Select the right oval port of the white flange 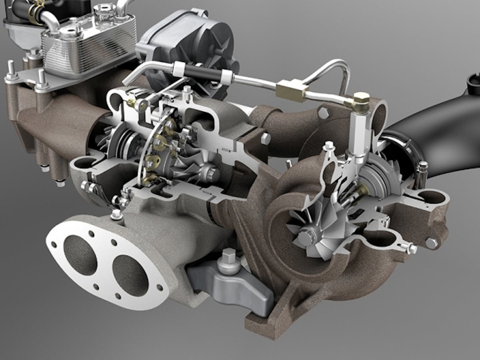130,276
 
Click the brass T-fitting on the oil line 292,88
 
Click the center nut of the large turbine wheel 306,238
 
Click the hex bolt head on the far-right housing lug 431,243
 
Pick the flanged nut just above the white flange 116,215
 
